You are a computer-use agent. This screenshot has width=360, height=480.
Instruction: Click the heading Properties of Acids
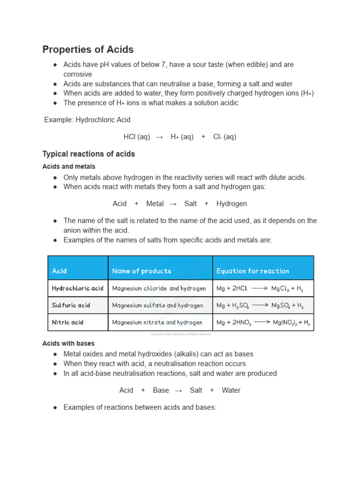88,50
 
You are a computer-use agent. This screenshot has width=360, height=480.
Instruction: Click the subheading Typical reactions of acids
89,154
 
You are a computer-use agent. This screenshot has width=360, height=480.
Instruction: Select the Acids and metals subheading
68,166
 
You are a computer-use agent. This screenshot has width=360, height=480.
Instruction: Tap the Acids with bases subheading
68,344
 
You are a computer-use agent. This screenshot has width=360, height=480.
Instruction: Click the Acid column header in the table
60,271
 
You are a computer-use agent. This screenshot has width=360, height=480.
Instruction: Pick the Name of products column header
142,271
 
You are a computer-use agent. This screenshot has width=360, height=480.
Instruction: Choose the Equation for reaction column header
253,271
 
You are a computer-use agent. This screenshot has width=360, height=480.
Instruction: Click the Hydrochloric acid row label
77,288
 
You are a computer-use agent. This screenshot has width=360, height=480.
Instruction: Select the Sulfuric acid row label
71,305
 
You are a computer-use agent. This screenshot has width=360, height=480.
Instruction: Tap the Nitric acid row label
67,322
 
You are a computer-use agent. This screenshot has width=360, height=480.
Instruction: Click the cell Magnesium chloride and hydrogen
159,289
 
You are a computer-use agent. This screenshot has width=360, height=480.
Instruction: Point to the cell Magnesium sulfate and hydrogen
157,305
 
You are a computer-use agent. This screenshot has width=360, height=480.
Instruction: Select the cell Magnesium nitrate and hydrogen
157,322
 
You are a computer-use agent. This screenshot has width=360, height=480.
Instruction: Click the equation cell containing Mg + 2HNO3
263,322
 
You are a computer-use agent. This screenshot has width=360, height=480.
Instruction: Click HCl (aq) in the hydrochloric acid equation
137,137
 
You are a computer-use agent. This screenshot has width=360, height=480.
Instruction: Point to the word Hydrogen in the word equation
232,203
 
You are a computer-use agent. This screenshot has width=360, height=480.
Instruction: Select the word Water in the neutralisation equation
231,390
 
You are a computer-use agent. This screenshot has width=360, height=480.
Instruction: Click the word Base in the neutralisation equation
161,390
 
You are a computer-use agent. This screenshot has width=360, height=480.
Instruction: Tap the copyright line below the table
180,334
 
